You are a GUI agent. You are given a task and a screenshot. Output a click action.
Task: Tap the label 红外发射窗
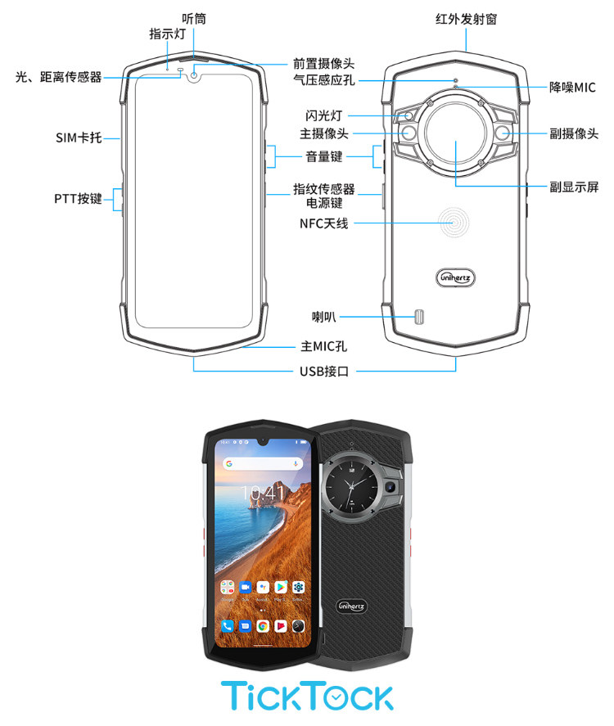(x=466, y=18)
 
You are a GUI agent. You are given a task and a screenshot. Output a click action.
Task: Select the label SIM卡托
(x=79, y=138)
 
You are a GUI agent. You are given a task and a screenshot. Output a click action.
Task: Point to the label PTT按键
(x=79, y=198)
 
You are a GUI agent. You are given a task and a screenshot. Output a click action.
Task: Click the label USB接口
(x=325, y=371)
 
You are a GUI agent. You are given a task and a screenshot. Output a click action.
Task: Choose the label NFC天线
(x=324, y=223)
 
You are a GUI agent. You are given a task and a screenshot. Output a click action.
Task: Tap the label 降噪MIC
(x=573, y=88)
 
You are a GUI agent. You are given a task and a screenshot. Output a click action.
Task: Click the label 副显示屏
(x=575, y=187)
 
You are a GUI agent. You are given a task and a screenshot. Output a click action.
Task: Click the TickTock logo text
(x=307, y=696)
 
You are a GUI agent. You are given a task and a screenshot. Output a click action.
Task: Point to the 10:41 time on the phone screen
(x=264, y=492)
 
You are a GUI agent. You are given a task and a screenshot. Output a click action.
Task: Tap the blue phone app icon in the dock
(x=227, y=625)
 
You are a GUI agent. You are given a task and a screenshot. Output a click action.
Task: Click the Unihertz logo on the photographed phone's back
(x=352, y=606)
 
